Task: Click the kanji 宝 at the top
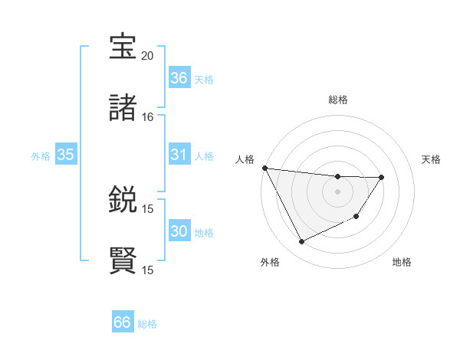pos(123,47)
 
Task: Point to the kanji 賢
pos(123,260)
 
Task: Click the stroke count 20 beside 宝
pos(147,56)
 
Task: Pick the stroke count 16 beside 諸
pos(147,117)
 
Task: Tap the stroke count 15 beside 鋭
pos(147,208)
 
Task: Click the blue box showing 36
pos(179,78)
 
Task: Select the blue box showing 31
pos(179,155)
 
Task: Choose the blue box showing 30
pos(179,231)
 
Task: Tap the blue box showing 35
pos(66,155)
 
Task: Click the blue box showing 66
pos(123,322)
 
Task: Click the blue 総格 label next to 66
pos(147,324)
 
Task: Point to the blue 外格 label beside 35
pos(41,156)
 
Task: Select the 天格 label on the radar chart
pos(432,159)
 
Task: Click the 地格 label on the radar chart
pos(402,262)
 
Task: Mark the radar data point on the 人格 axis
pos(264,168)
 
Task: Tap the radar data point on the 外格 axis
pos(301,242)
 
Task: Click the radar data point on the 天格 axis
pos(382,177)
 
